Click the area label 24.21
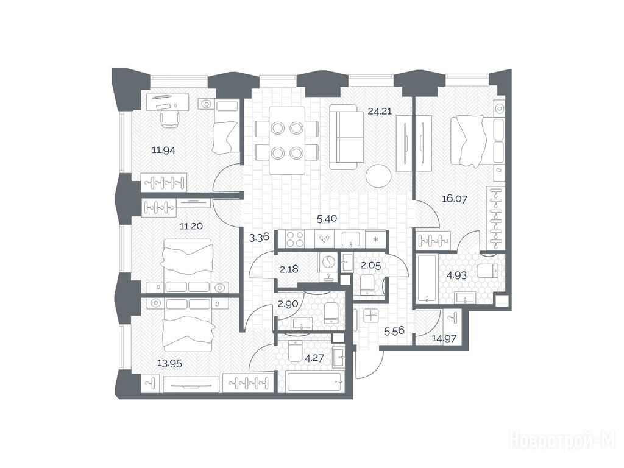point(380,111)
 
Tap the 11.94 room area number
point(163,150)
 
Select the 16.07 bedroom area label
point(455,198)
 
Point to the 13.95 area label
point(169,363)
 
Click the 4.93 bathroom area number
point(456,275)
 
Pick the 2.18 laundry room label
point(289,269)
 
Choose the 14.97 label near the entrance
point(444,339)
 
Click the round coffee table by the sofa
point(378,175)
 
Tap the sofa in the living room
point(347,137)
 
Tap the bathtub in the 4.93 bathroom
point(427,279)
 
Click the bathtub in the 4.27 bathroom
point(314,383)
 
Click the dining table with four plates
point(287,140)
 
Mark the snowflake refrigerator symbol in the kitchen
point(375,239)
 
